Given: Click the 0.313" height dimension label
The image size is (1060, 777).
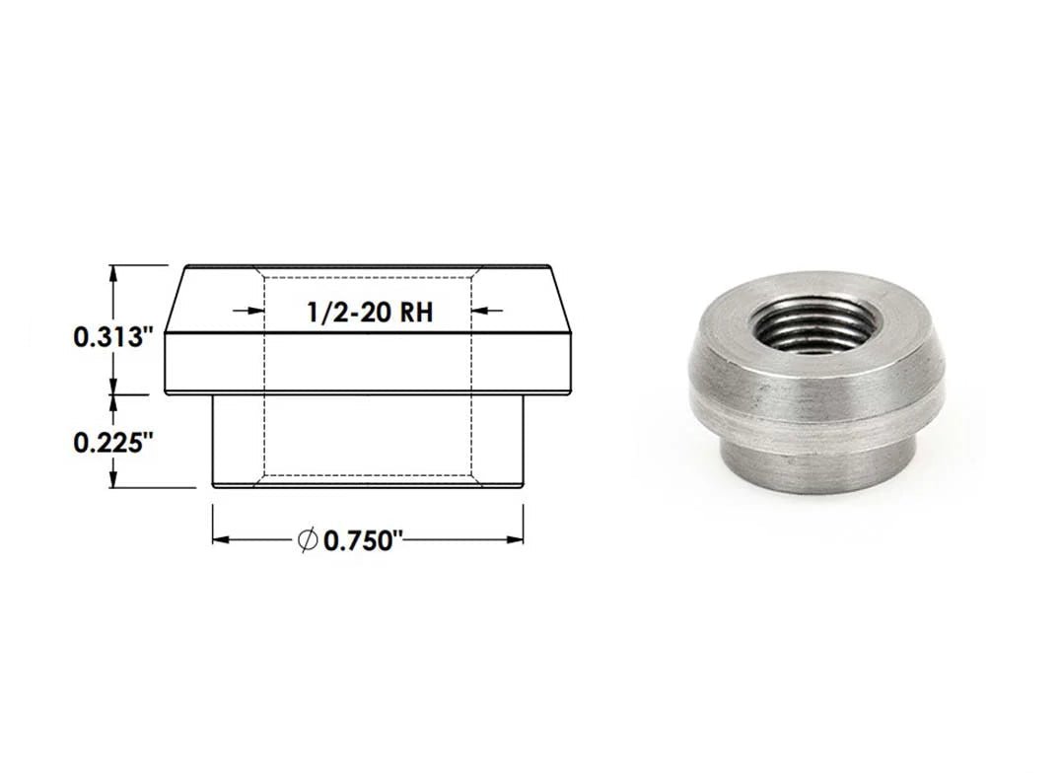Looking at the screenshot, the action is (109, 337).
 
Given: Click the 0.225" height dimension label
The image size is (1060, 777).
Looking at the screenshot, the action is (109, 444).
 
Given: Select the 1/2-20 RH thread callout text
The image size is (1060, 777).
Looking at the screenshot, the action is (370, 312).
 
